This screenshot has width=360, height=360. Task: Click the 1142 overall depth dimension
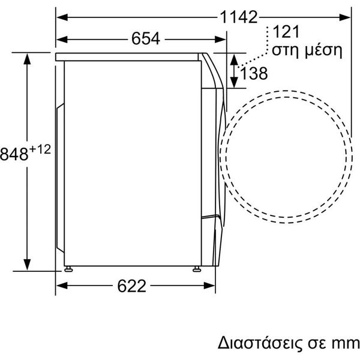pos(239,17)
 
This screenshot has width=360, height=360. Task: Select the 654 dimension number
pos(146,38)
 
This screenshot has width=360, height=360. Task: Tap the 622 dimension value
pos(131,286)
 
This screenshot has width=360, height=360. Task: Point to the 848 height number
pos(14,154)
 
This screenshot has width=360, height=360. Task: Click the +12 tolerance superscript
pos(40,149)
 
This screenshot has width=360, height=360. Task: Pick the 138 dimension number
pos(254,73)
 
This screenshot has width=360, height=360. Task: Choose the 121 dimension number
pos(286,32)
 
